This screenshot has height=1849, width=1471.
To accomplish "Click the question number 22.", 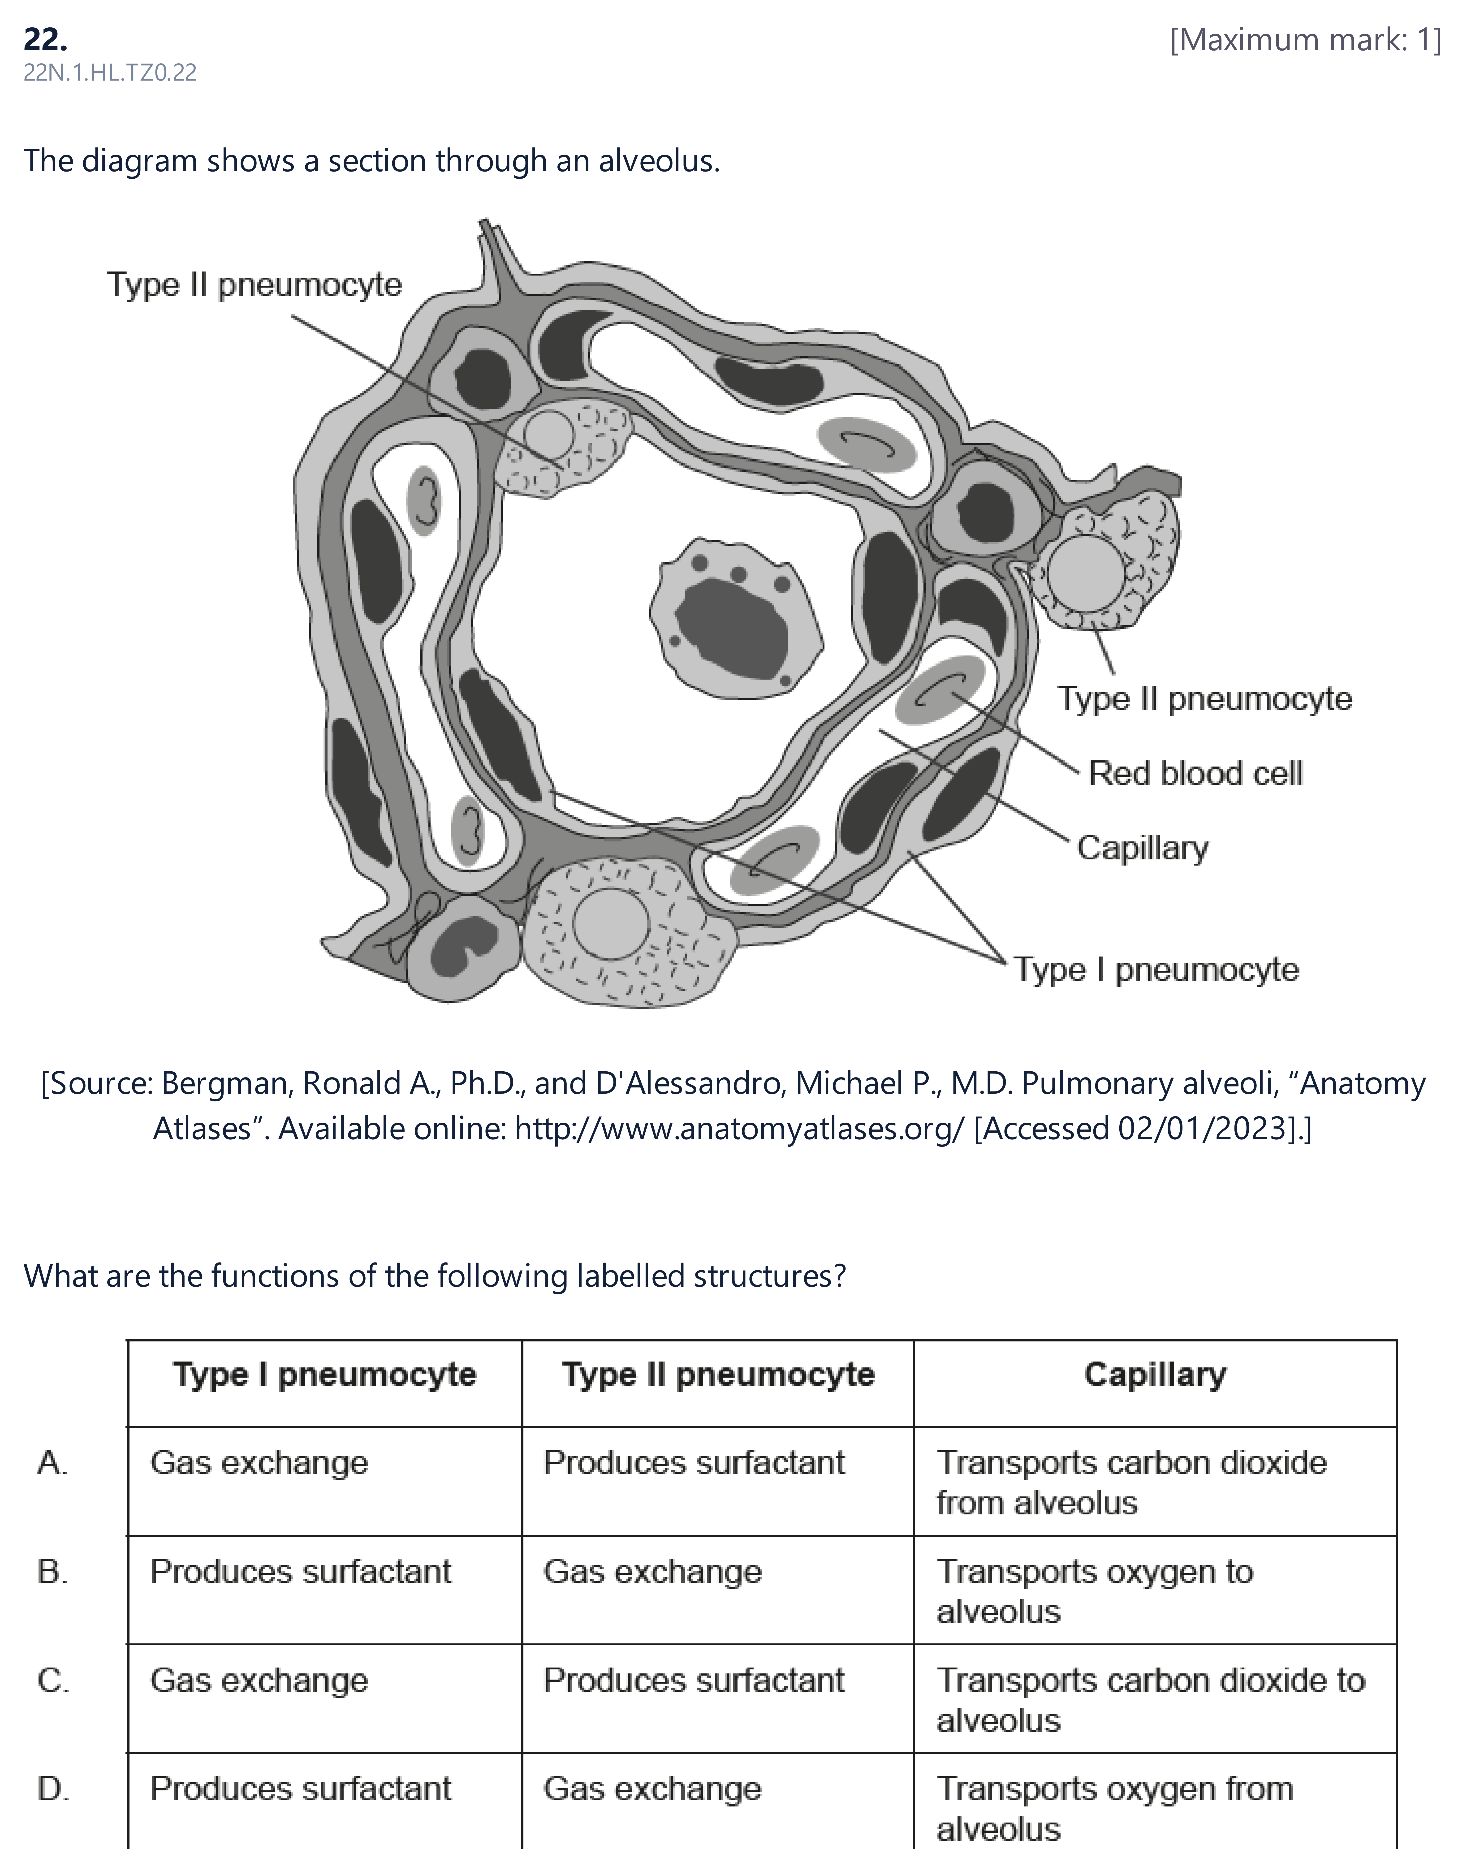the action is click(45, 39).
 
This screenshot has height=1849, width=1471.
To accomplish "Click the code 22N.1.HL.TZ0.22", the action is click(110, 73).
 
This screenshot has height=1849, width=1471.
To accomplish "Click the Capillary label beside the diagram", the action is click(1143, 848).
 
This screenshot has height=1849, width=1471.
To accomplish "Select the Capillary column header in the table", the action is click(1155, 1375).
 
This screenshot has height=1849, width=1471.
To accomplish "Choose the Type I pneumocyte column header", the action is click(324, 1375).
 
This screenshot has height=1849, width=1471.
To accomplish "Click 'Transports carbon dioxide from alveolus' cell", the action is click(1132, 1483).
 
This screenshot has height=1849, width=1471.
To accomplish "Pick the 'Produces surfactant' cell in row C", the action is click(694, 1680).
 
